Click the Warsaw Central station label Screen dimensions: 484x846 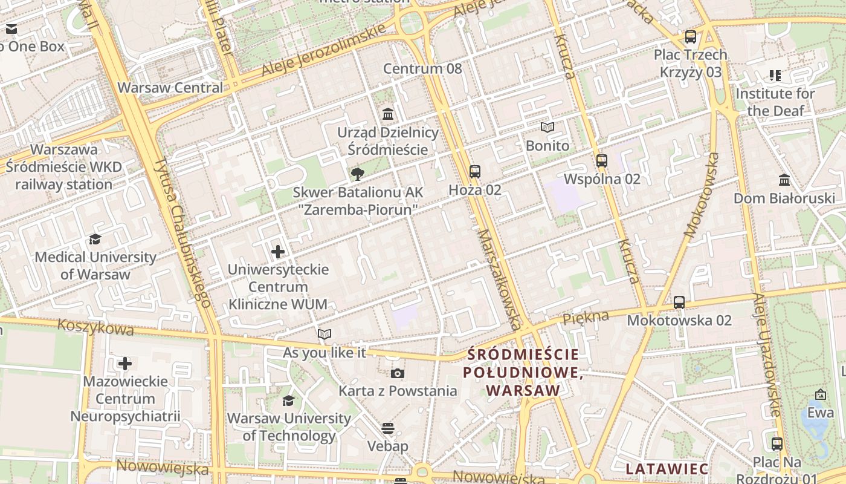tap(170, 88)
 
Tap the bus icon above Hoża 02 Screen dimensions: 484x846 tap(475, 172)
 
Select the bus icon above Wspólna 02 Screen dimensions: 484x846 tap(602, 161)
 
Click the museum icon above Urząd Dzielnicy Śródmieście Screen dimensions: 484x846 tap(388, 114)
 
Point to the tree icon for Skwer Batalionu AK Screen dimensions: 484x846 tap(357, 175)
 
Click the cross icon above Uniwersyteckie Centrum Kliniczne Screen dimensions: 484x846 tap(278, 252)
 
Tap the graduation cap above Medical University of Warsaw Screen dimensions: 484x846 tap(95, 240)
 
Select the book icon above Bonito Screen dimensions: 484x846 tap(547, 128)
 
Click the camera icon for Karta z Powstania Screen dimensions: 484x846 tap(397, 373)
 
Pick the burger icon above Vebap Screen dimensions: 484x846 tap(388, 428)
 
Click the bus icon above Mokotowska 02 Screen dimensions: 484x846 tap(679, 302)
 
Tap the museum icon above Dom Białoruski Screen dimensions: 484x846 tap(784, 180)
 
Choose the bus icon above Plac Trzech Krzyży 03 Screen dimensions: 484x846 tap(691, 37)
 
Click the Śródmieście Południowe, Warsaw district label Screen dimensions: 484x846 tap(523, 373)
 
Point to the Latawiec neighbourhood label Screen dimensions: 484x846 tap(667, 469)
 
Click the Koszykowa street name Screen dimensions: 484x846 tap(95, 327)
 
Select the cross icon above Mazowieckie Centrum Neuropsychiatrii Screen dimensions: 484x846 tap(125, 364)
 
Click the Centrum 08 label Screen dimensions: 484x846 tap(422, 68)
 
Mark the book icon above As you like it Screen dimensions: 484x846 tap(325, 335)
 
